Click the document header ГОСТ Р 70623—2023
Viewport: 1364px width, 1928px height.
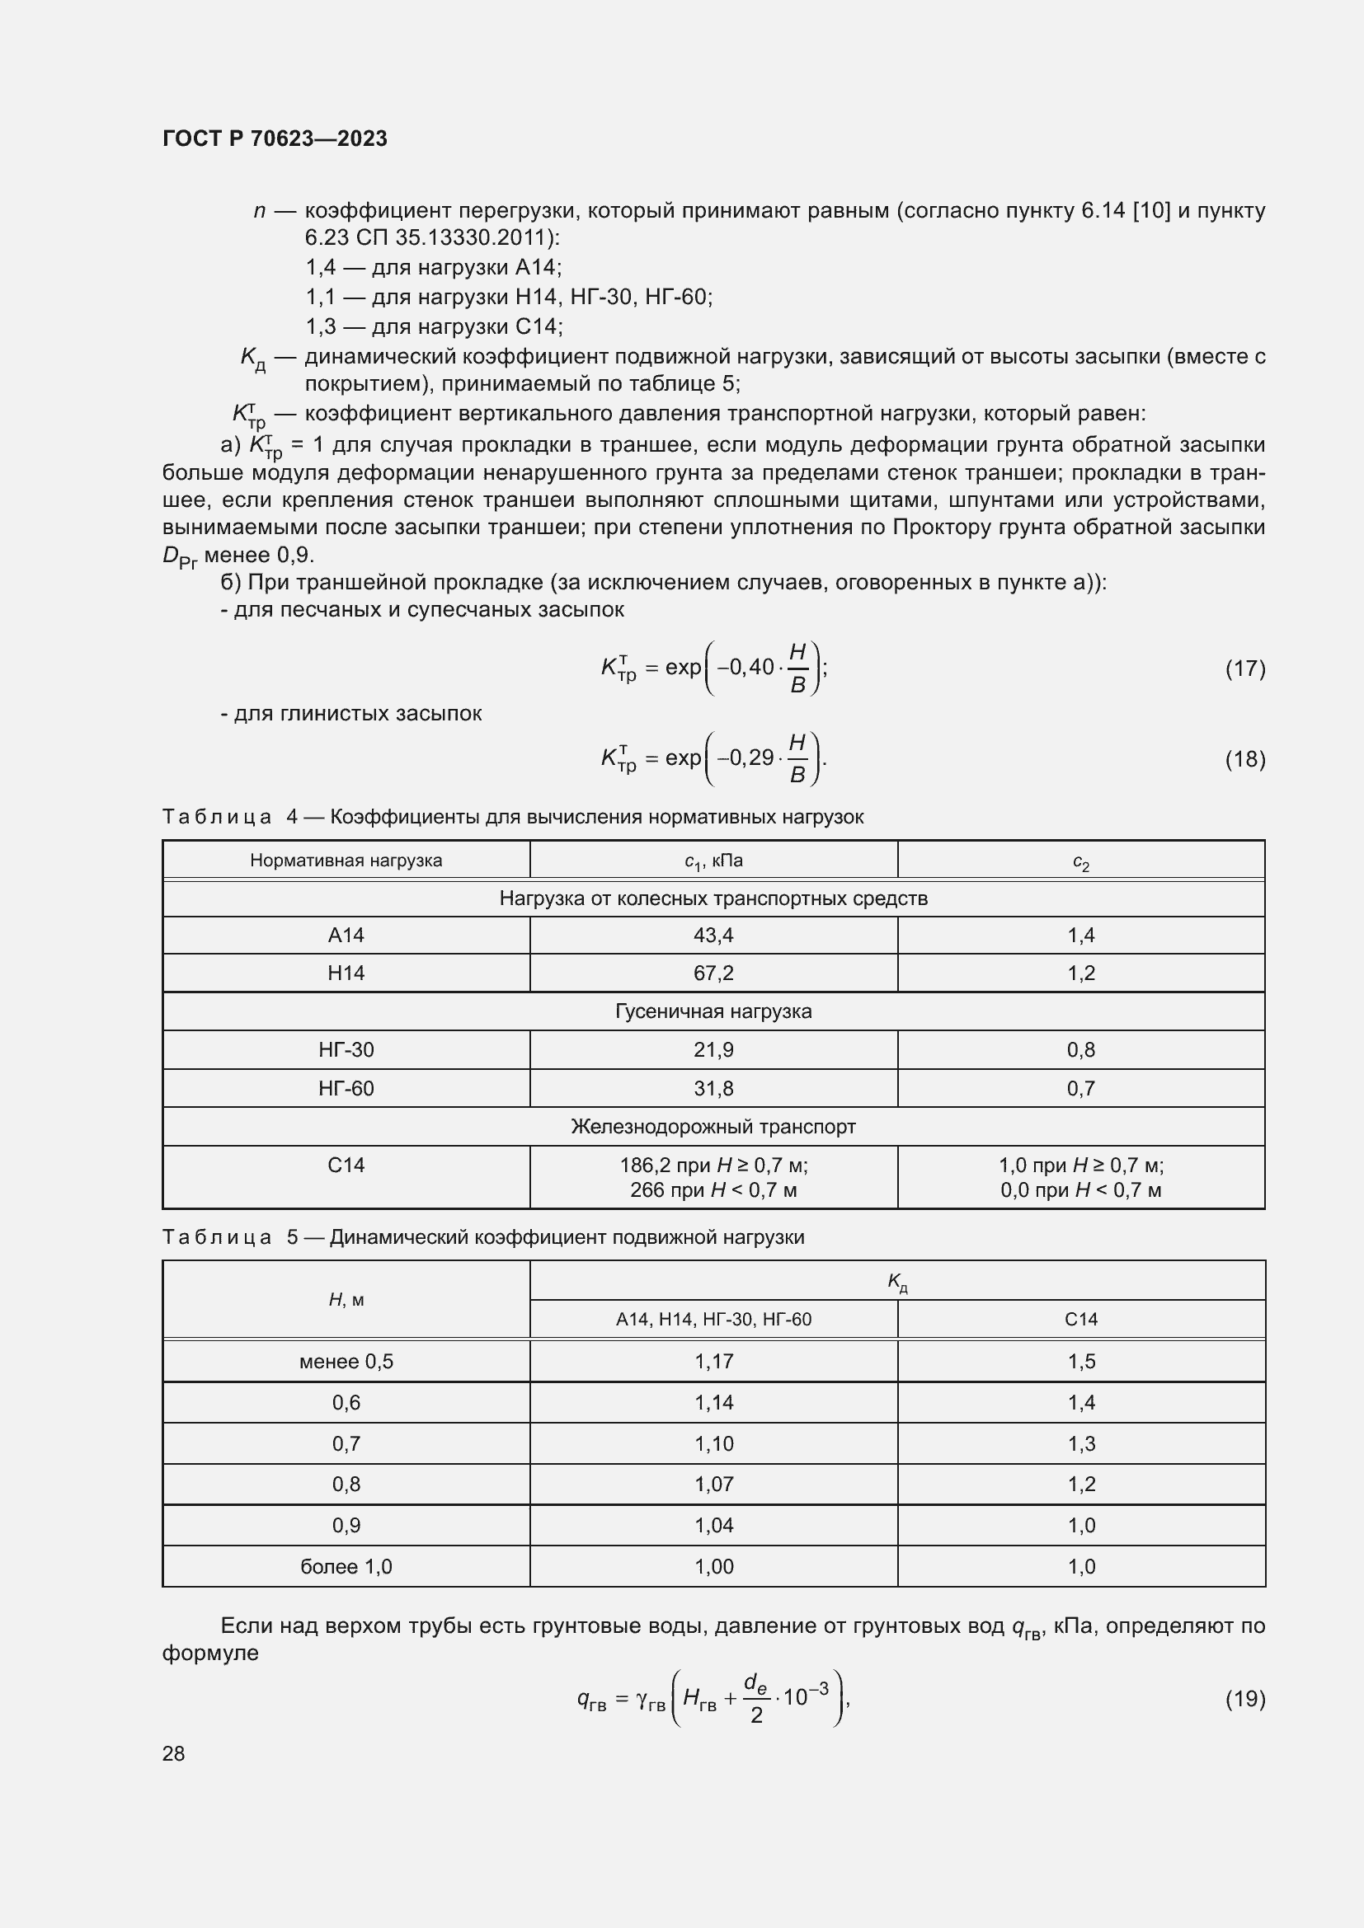click(275, 138)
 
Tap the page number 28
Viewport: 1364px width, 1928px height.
click(173, 1753)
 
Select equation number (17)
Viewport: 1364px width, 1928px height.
click(1244, 668)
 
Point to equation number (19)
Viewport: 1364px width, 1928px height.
click(1244, 1699)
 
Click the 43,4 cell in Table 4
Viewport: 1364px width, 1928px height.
click(713, 936)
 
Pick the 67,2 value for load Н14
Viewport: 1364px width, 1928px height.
click(713, 973)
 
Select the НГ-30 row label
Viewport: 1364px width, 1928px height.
click(346, 1049)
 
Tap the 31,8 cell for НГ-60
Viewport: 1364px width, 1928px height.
click(713, 1088)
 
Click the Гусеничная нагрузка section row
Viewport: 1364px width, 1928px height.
click(713, 1011)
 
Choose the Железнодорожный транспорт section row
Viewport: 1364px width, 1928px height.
click(713, 1126)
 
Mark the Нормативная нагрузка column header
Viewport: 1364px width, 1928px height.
click(346, 861)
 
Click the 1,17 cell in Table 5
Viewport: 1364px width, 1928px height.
click(713, 1361)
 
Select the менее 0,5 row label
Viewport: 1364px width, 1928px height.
click(346, 1361)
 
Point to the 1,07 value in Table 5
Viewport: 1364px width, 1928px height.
click(713, 1484)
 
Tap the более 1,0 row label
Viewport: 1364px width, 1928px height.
click(346, 1566)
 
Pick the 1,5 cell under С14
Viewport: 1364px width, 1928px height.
click(1081, 1361)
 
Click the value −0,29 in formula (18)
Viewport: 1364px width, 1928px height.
click(744, 758)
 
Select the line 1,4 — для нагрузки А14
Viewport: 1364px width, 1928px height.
click(434, 268)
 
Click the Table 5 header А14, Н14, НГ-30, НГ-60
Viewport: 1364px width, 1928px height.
click(713, 1319)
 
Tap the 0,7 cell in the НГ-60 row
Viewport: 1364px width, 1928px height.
click(1081, 1088)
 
